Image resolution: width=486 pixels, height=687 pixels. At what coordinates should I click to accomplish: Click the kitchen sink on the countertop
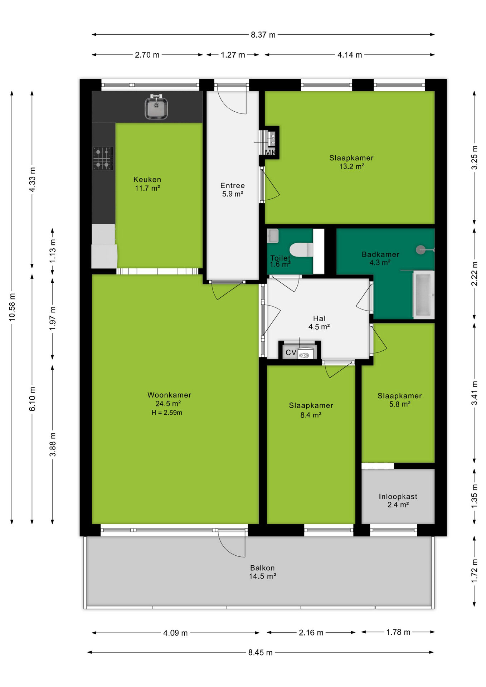coord(156,107)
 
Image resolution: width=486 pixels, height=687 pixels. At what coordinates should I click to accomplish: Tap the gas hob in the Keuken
coord(103,158)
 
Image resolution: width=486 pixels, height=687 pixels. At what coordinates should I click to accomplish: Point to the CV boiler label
coord(291,352)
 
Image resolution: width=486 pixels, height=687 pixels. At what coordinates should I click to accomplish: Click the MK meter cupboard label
coord(271,152)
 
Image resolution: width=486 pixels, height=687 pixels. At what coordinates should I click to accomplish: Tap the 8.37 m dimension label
coord(263,35)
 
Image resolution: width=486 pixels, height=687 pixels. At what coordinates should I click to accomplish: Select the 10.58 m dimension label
coord(12,307)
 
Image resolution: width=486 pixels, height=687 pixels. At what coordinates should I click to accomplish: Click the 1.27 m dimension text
coord(233,55)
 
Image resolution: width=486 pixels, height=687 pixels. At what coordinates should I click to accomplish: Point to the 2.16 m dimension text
coord(311,633)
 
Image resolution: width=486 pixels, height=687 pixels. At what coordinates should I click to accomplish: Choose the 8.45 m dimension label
coord(261,652)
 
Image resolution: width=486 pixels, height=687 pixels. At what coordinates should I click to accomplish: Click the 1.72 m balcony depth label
coord(475,571)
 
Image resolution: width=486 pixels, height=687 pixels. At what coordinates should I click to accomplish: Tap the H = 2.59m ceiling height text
coord(167,413)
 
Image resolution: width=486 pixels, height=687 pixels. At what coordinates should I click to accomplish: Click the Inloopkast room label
coord(398,497)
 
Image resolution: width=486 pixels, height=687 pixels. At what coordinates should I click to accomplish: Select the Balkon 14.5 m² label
coord(263,572)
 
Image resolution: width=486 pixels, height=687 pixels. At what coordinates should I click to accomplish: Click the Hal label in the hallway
coord(319,318)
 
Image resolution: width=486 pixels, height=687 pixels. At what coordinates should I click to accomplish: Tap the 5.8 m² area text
coord(400,404)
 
